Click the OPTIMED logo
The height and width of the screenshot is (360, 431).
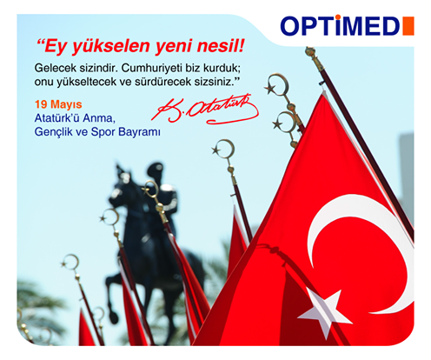pyautogui.click(x=347, y=25)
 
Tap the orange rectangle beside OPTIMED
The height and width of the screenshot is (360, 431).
pyautogui.click(x=408, y=26)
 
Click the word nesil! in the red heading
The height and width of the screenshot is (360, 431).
pyautogui.click(x=221, y=46)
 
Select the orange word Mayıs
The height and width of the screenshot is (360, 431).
pyautogui.click(x=66, y=105)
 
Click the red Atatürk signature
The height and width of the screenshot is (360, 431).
pyautogui.click(x=205, y=110)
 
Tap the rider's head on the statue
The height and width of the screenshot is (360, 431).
pyautogui.click(x=155, y=170)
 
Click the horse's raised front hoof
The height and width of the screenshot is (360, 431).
pyautogui.click(x=113, y=317)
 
